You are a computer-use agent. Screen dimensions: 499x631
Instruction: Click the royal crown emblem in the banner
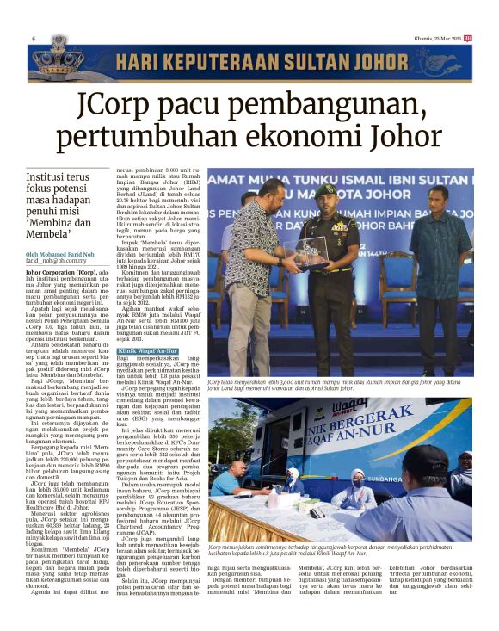[x=56, y=58]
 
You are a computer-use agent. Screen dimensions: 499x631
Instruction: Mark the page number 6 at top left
[x=33, y=39]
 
